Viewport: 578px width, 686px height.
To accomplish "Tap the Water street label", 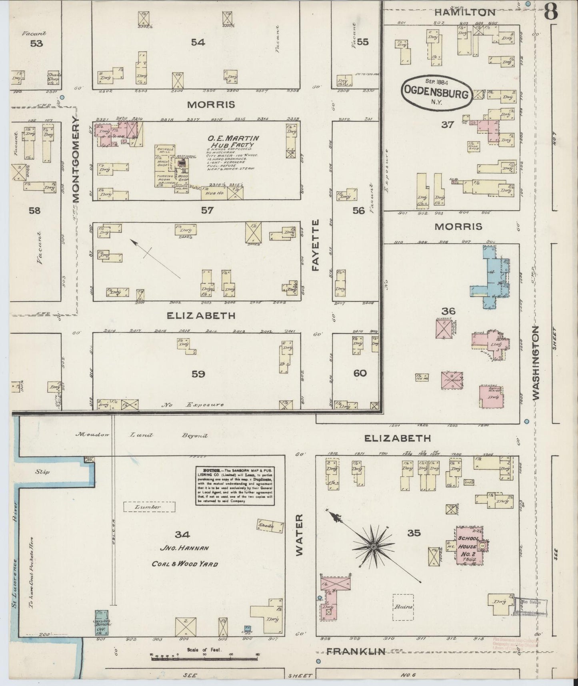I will [300, 540].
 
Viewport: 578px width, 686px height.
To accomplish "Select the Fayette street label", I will [316, 245].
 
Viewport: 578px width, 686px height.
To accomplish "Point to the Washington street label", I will [536, 362].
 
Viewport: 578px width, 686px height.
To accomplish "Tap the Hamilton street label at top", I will [465, 12].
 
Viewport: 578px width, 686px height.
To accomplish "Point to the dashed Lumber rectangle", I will [149, 507].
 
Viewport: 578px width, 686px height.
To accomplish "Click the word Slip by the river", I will [42, 472].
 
